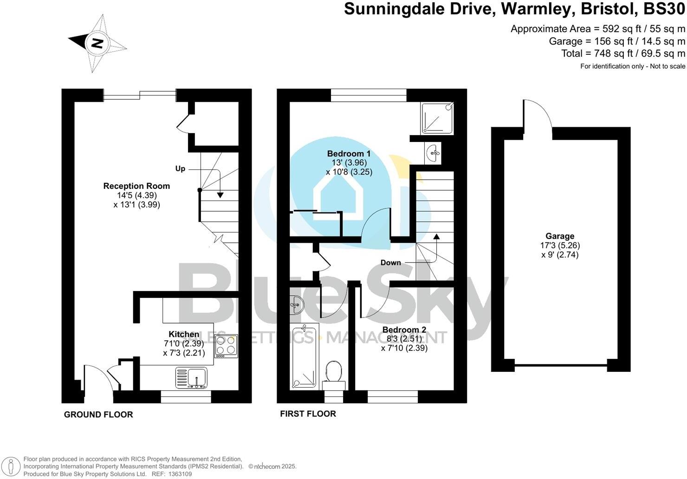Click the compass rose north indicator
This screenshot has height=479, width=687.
click(x=97, y=43)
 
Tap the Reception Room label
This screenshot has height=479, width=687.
click(x=136, y=186)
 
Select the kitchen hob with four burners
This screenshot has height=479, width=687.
click(x=227, y=346)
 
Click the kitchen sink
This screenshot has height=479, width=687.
click(x=191, y=377)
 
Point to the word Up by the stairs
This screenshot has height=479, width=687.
click(x=180, y=168)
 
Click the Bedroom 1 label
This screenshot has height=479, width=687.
click(x=349, y=154)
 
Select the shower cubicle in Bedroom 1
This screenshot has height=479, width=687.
click(x=437, y=118)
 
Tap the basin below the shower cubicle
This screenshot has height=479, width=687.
click(x=433, y=152)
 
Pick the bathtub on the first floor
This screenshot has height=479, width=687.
click(x=304, y=357)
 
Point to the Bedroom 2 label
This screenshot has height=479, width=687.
click(x=404, y=330)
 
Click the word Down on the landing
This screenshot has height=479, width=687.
click(x=390, y=263)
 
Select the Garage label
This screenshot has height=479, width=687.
click(x=560, y=236)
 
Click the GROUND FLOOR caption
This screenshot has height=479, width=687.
click(x=98, y=414)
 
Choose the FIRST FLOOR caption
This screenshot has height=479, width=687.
click(x=308, y=414)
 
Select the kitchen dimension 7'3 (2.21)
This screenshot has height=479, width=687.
click(x=183, y=353)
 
